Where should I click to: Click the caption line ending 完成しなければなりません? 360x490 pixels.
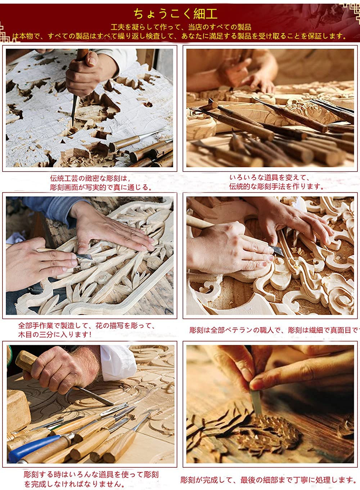(75, 484)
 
